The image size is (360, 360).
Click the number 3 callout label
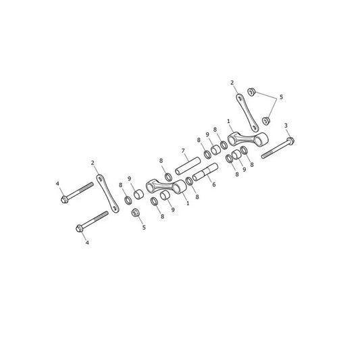[286, 126]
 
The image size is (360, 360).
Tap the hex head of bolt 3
[290, 140]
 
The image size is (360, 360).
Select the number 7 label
[183, 151]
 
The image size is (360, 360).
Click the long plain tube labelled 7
[188, 165]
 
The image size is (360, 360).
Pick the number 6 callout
[213, 184]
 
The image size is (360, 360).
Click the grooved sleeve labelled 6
[205, 172]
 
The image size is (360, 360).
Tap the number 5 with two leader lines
[281, 97]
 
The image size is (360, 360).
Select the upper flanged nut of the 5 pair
[251, 92]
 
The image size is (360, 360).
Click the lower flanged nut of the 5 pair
[266, 121]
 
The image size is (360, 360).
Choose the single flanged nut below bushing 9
[136, 213]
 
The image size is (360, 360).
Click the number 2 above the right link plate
[232, 82]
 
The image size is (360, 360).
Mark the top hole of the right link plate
[240, 99]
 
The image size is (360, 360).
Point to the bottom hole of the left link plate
[115, 209]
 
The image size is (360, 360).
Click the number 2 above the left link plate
[93, 163]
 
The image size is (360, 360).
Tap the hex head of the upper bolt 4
[64, 199]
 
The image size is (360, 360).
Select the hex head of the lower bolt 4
[79, 228]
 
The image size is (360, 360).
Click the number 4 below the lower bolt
[87, 242]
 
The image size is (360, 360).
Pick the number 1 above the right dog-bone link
[228, 121]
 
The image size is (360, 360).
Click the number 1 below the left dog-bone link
[188, 203]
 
